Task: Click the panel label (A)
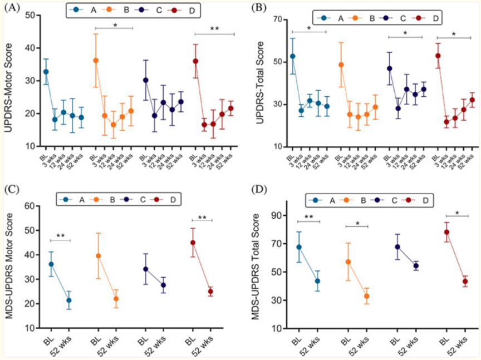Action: pos(13,7)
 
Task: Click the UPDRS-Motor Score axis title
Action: pos(10,81)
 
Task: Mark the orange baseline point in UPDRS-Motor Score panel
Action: pos(96,60)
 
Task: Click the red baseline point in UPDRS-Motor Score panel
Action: pos(195,61)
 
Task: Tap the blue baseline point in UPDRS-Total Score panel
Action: pos(293,56)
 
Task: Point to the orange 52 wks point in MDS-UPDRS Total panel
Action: pos(367,296)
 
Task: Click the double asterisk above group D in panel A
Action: pos(214,28)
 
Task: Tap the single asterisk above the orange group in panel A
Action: pos(115,24)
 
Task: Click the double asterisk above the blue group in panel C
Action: pos(60,236)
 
